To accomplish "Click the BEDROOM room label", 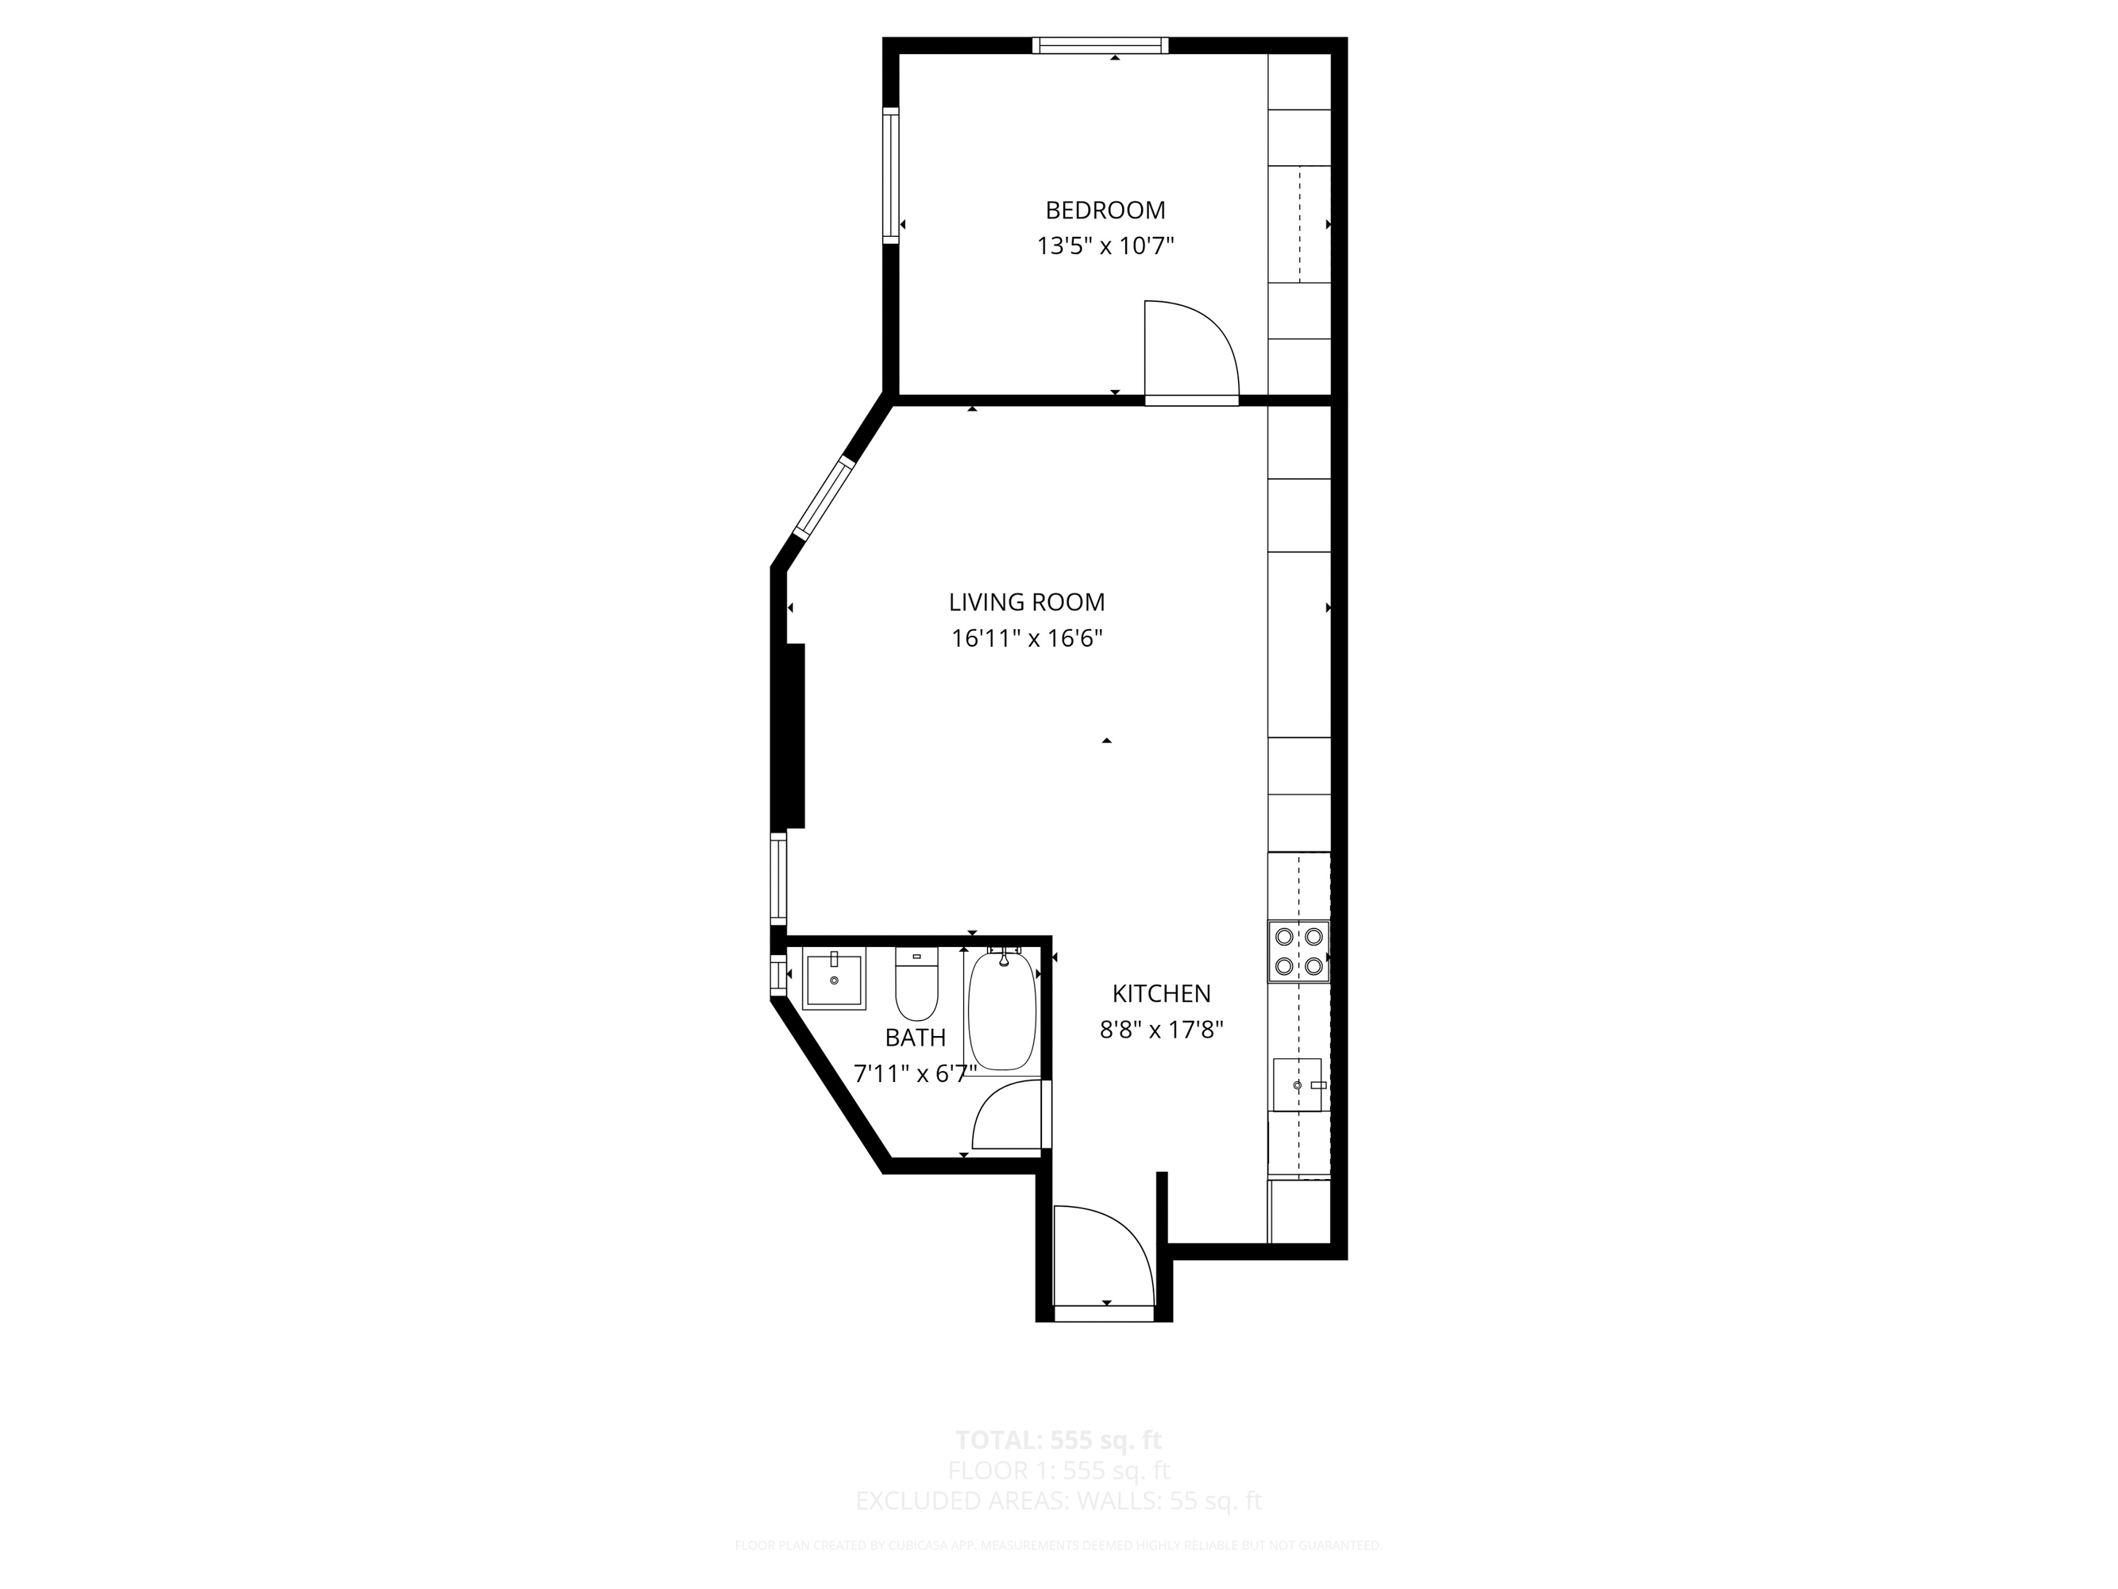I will (1105, 210).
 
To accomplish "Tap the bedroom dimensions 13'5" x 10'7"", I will (1105, 246).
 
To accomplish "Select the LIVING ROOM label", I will (1027, 602).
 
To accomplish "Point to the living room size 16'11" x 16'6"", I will (1027, 639).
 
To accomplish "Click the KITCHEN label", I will (1160, 993).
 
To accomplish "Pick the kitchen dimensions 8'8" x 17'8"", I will (1160, 1030).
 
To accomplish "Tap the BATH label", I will (916, 1038).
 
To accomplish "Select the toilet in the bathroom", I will (916, 987).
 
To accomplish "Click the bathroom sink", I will (834, 980).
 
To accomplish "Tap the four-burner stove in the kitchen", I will (1298, 951).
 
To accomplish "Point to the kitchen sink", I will (1298, 1085).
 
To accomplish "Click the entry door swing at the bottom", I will (1101, 1255).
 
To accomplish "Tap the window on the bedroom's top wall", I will (1100, 45).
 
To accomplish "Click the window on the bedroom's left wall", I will (890, 176).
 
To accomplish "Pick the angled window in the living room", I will (824, 498).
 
